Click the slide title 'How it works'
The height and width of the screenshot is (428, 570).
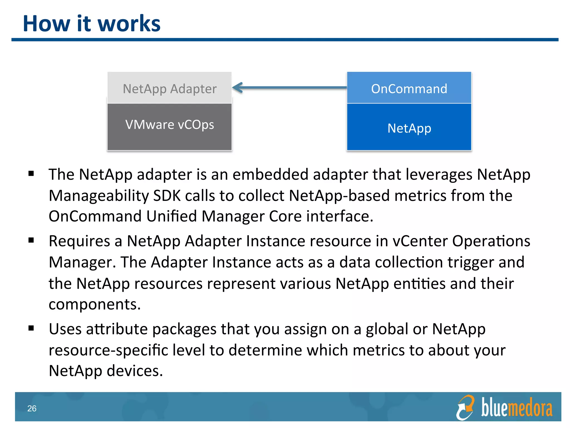92,23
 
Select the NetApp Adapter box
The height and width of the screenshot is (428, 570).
169,88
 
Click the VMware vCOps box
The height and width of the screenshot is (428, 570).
169,126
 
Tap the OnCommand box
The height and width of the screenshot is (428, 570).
409,88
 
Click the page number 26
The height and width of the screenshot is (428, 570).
32,408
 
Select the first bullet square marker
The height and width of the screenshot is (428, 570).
31,174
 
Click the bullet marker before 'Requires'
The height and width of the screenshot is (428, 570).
31,240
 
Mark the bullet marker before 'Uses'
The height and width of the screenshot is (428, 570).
31,328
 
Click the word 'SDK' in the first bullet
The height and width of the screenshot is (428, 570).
167,196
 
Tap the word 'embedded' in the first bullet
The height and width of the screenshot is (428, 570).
270,174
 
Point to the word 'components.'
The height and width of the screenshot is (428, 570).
95,304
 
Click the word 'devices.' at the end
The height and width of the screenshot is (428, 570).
135,371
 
